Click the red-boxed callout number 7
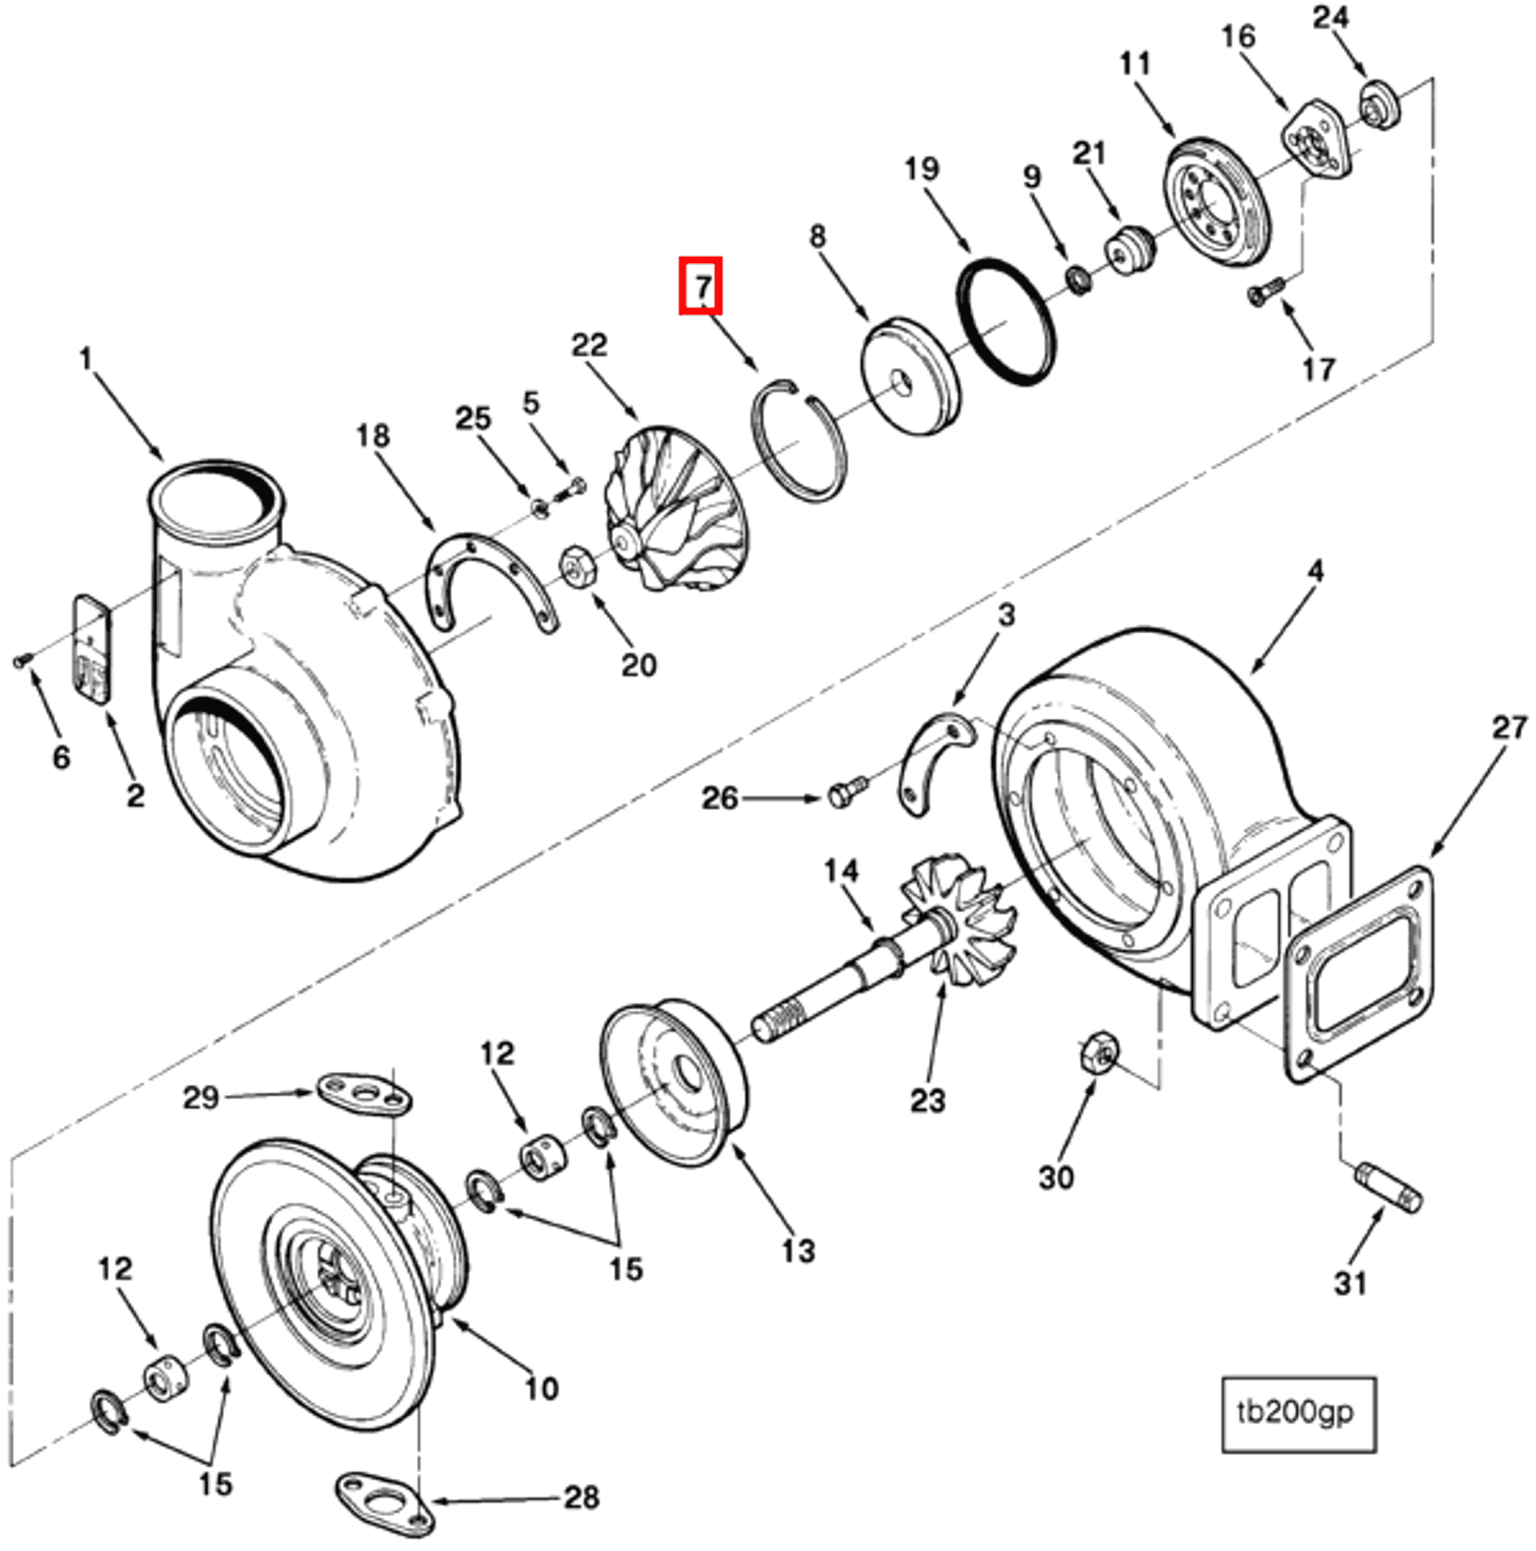coord(700,286)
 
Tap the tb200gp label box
coord(1298,1414)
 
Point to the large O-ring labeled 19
coord(1006,322)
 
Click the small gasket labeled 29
coord(364,1093)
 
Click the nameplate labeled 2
coord(92,649)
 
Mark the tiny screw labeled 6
coord(22,660)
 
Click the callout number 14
coord(840,871)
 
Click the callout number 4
coord(1315,572)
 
